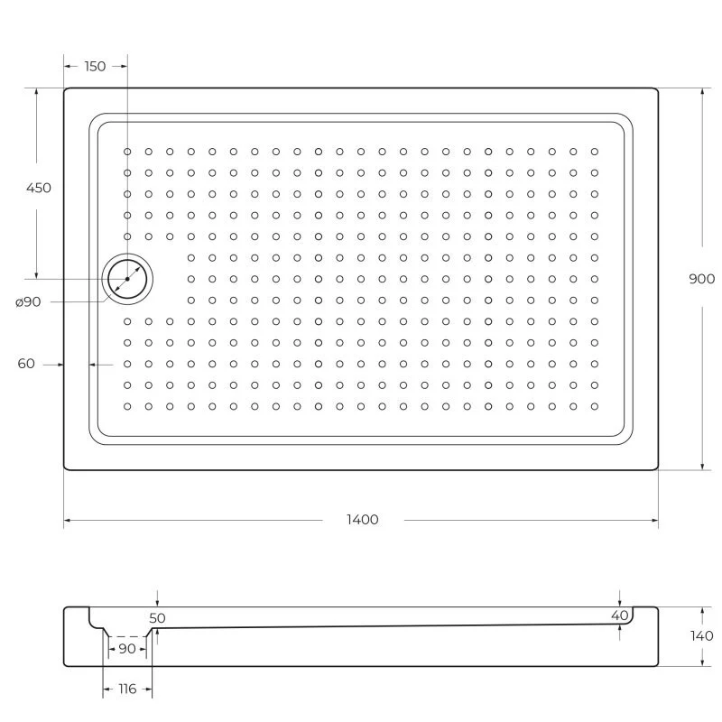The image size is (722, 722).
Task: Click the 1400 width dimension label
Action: [361, 520]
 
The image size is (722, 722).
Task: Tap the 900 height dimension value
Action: [701, 279]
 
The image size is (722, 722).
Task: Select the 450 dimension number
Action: [39, 189]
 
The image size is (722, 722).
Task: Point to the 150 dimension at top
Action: [95, 66]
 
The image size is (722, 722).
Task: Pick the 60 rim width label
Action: [26, 364]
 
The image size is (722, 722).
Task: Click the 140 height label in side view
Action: [701, 635]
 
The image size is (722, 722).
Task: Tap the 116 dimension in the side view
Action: [126, 689]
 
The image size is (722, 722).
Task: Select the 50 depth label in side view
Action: [158, 618]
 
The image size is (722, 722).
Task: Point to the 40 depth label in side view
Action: [619, 615]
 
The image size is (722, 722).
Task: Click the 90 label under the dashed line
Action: [126, 649]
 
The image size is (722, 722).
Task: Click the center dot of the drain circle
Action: [127, 279]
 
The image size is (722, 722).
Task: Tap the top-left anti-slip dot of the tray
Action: [127, 152]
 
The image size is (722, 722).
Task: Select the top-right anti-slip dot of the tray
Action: [594, 152]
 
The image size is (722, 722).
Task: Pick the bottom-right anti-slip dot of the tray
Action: [594, 406]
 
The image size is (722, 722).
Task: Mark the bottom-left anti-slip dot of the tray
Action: [127, 406]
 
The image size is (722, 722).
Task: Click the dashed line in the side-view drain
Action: [126, 636]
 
